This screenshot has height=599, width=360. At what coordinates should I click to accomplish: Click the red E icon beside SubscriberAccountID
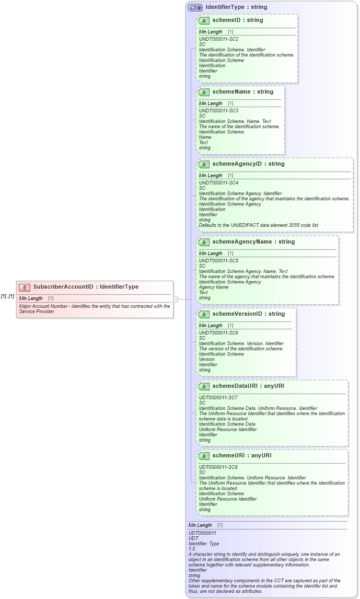[25, 287]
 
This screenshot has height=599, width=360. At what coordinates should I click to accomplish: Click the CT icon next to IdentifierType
[195, 7]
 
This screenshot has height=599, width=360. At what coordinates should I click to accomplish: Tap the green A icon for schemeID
[204, 20]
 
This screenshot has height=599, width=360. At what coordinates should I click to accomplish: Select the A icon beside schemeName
[204, 92]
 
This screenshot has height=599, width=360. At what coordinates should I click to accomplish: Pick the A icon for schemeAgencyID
[204, 164]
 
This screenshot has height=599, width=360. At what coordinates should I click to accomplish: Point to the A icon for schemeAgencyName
[204, 242]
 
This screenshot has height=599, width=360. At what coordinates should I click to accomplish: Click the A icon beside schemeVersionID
[204, 314]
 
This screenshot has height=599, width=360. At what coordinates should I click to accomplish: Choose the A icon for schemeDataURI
[204, 386]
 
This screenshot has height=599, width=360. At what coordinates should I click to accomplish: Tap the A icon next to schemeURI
[204, 456]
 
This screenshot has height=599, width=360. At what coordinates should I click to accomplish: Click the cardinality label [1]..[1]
[7, 296]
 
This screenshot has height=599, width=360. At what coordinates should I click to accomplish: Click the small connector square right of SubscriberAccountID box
[176, 299]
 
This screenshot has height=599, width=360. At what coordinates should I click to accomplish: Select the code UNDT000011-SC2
[218, 39]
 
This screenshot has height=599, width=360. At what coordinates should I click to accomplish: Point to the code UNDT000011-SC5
[218, 261]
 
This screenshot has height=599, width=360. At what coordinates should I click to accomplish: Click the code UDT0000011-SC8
[218, 467]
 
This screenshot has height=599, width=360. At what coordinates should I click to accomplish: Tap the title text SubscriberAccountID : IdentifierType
[86, 287]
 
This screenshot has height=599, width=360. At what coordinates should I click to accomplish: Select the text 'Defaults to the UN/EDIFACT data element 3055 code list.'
[259, 225]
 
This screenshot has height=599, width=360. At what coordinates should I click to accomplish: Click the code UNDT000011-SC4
[218, 183]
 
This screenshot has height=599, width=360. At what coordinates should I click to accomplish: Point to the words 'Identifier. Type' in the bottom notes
[204, 544]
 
